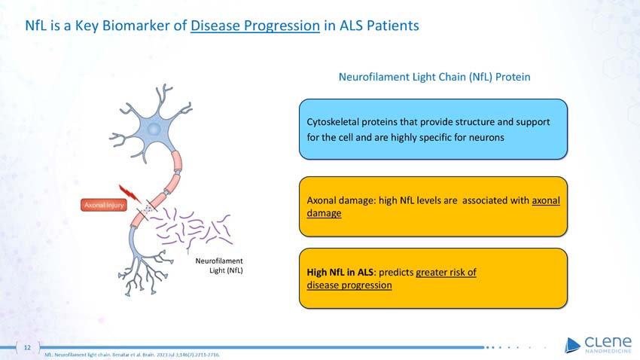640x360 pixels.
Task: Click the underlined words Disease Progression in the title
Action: coord(255,26)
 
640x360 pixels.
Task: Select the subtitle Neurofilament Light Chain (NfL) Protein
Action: coord(435,77)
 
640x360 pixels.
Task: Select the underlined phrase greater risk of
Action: coord(446,273)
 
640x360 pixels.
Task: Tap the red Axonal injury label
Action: coord(104,204)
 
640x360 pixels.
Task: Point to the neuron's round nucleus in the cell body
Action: coord(154,130)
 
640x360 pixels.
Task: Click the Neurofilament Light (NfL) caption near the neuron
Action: coord(219,265)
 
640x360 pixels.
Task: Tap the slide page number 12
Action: coord(27,347)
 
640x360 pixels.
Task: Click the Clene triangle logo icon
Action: coord(572,344)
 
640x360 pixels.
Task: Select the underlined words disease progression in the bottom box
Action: coord(349,285)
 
